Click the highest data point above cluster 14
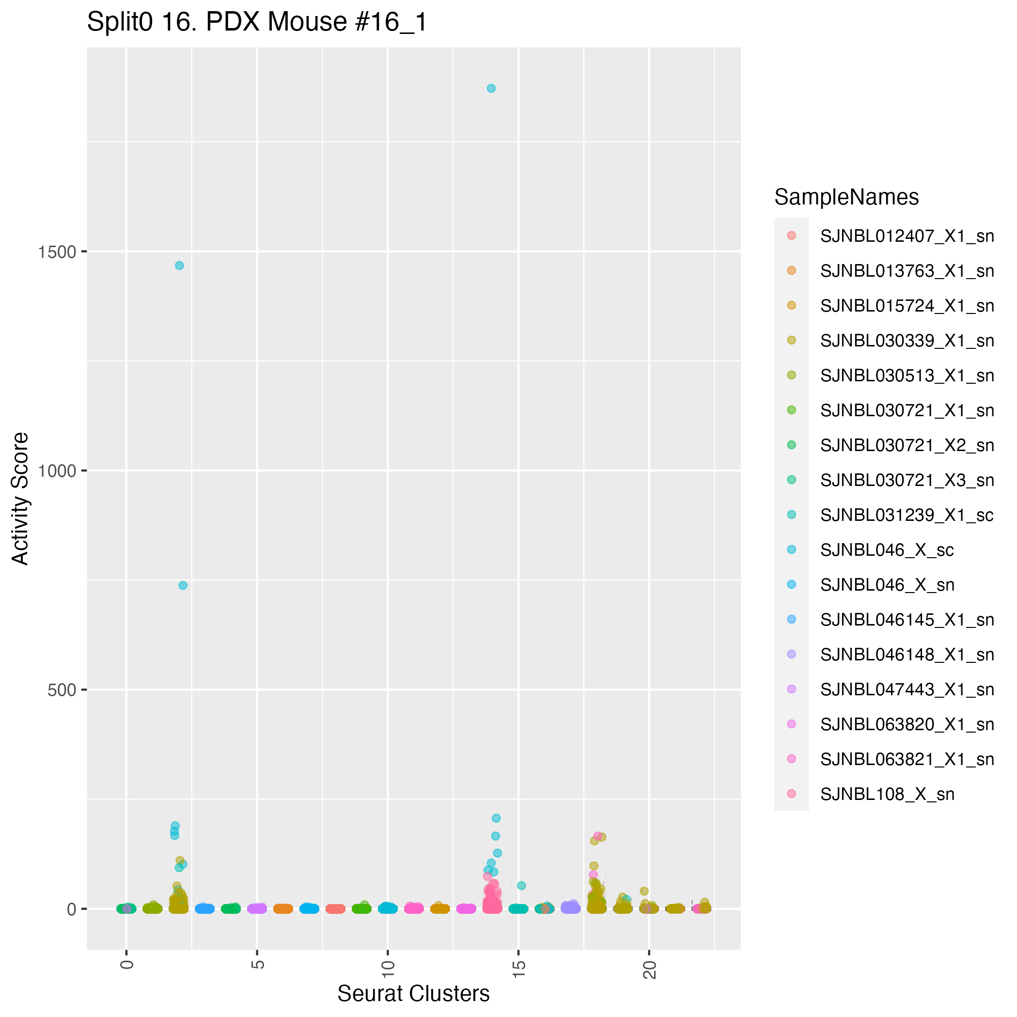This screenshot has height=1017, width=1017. click(491, 89)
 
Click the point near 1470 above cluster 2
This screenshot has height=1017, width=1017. click(179, 266)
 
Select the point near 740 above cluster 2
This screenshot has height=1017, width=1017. click(183, 585)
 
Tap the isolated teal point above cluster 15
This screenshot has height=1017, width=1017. click(522, 885)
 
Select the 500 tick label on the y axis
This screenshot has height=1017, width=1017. click(62, 690)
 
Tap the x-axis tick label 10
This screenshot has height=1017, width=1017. click(388, 969)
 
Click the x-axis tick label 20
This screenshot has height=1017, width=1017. click(650, 969)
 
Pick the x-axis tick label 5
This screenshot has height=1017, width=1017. click(257, 965)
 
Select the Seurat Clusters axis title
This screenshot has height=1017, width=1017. click(413, 994)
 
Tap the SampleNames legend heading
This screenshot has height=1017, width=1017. click(846, 197)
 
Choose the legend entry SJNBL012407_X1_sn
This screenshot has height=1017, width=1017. click(907, 236)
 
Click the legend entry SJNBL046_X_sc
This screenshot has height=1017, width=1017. click(887, 550)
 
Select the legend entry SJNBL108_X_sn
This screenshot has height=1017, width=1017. click(887, 794)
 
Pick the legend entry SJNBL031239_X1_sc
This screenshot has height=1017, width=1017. click(907, 515)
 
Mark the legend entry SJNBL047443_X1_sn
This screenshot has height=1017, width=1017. click(907, 689)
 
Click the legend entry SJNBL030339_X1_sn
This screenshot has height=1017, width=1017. click(907, 341)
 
